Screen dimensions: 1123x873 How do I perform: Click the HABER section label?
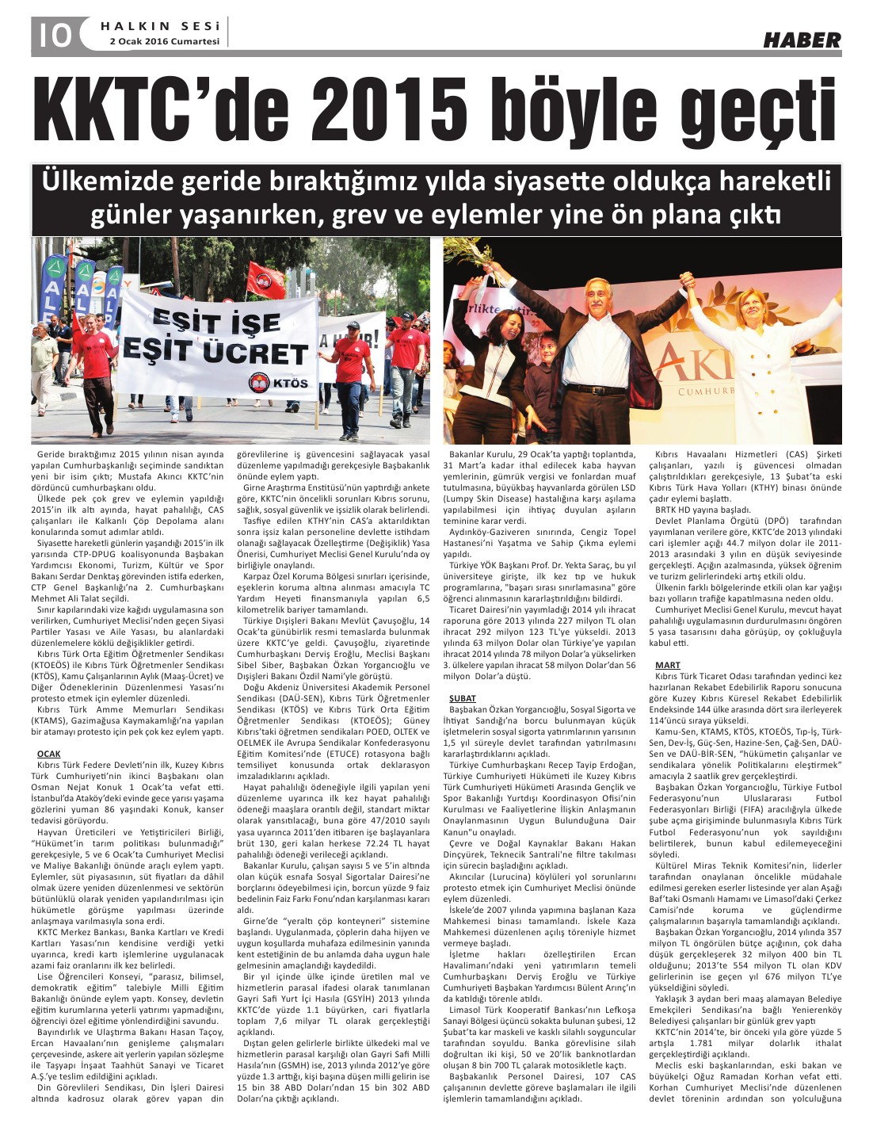801,40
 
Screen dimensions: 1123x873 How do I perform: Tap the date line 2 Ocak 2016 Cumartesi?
165,42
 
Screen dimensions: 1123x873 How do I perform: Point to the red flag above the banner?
265,279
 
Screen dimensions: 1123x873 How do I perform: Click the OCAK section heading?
48,753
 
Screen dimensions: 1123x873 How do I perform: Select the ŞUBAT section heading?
463,697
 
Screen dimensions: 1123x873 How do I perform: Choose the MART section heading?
667,664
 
